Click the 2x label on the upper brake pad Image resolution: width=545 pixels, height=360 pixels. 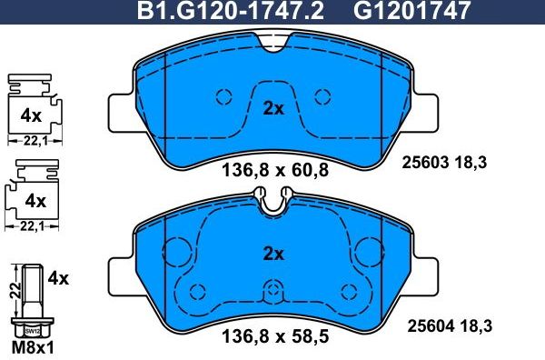(x=273, y=109)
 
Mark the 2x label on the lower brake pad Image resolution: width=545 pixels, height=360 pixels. (x=273, y=253)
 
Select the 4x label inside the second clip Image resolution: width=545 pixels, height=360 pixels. (x=35, y=198)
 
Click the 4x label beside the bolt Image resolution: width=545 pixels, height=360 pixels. (x=58, y=279)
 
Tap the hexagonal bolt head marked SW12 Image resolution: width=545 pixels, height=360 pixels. (x=33, y=332)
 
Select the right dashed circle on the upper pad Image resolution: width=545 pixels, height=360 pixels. (x=322, y=96)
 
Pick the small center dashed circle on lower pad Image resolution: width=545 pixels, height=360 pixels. (x=273, y=291)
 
